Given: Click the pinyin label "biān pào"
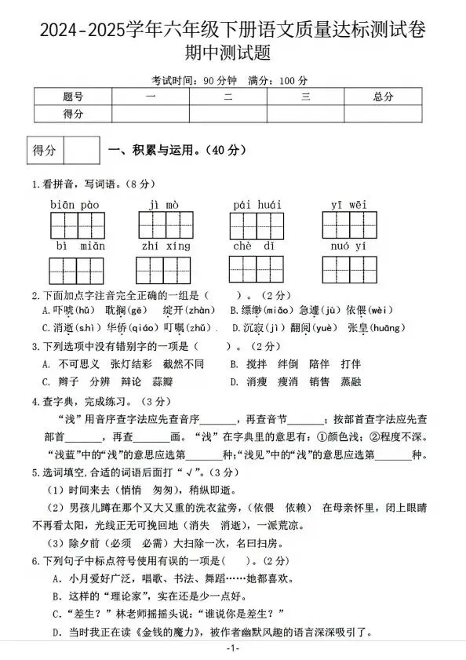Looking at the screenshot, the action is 75,206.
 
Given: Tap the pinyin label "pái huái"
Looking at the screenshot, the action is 257,206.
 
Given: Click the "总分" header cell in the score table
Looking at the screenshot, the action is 383,97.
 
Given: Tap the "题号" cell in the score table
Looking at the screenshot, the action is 73,97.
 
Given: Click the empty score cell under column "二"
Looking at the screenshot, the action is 228,114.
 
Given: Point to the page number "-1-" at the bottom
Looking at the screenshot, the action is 232,649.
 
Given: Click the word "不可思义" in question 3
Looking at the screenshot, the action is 80,364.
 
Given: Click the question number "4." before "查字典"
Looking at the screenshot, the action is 35,402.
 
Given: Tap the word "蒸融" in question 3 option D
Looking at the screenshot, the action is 350,382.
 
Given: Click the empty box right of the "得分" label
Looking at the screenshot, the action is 81,150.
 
